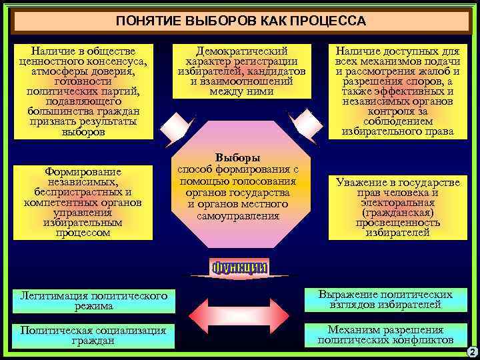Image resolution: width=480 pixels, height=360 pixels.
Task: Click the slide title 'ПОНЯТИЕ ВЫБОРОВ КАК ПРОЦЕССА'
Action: pos(240,21)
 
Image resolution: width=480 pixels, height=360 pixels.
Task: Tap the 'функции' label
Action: pos(240,268)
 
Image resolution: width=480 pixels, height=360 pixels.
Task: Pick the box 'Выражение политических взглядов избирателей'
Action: pos(385,299)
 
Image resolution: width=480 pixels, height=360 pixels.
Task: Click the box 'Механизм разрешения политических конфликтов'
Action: pos(385,335)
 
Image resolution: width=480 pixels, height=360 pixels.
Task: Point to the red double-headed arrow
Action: pos(240,318)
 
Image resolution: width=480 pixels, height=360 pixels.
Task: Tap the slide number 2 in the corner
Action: pos(471,351)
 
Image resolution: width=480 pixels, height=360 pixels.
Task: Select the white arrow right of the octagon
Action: pos(308,125)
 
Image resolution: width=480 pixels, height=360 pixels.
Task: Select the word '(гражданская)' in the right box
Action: pos(397,212)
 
